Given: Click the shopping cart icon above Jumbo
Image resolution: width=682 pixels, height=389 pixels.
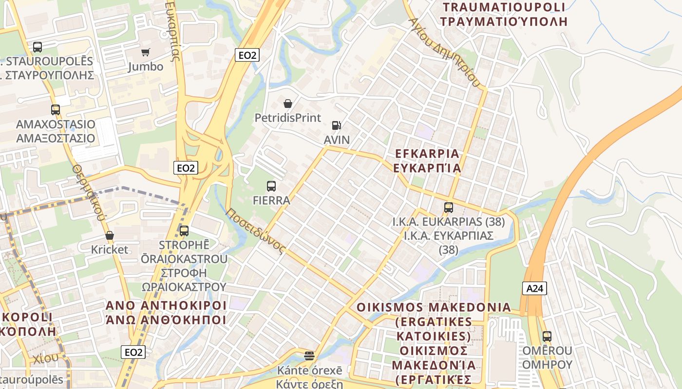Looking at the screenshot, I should point(145,52).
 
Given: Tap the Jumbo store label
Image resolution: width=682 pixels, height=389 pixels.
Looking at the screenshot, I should point(146,67).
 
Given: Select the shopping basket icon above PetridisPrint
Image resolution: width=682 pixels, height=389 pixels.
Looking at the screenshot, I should point(288,104).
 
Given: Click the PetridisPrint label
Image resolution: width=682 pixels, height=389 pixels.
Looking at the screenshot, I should point(288,118).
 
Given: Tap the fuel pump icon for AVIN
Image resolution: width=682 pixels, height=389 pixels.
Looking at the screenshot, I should point(336,125).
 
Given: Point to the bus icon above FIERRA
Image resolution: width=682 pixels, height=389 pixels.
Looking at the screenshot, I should point(271,186).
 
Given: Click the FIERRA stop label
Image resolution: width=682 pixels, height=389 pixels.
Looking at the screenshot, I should point(271,200).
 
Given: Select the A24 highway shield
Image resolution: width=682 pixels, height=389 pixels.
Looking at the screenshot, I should point(534,288).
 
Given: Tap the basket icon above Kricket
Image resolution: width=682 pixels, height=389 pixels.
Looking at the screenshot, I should point(110,235).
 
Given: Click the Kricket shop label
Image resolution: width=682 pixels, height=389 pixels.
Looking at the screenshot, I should point(110,250).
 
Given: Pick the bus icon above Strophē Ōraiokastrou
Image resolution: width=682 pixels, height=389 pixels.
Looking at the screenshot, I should point(184,231).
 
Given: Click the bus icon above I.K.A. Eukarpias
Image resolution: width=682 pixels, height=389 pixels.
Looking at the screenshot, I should point(449,208).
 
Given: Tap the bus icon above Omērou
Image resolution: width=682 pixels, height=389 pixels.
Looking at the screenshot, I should point(547,336).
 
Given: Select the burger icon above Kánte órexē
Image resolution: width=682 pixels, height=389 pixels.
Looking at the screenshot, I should point(309,356).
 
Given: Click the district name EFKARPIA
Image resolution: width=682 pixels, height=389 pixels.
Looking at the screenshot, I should point(427,154).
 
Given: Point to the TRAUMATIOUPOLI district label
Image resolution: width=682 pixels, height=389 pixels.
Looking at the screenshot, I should point(504,7).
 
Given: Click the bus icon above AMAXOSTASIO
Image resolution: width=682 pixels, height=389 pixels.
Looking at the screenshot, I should point(56,110).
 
